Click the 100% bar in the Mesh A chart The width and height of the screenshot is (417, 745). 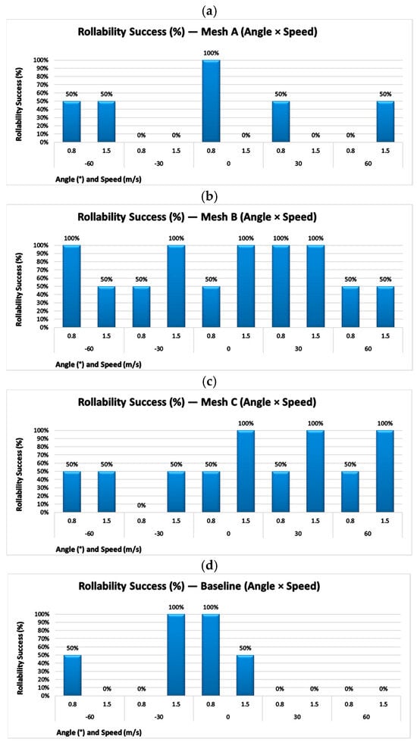click(x=211, y=101)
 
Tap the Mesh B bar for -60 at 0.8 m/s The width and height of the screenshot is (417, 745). click(x=72, y=286)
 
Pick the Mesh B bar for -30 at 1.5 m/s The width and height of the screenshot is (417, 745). click(x=176, y=286)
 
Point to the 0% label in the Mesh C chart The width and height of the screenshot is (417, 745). click(x=141, y=506)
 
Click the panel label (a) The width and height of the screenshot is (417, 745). click(x=208, y=8)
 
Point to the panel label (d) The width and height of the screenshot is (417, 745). click(x=208, y=566)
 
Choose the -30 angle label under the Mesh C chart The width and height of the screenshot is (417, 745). click(x=159, y=534)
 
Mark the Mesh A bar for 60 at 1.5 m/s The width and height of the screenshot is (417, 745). click(x=385, y=122)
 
